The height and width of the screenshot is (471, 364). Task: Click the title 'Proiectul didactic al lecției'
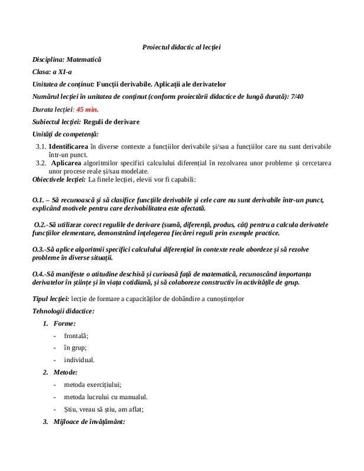181,47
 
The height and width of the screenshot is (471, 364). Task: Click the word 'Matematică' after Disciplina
84,59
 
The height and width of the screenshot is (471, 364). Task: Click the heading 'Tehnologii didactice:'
64,311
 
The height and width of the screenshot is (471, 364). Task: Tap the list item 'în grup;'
75,347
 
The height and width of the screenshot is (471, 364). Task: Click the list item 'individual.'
79,360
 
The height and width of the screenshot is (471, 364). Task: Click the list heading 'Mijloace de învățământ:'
89,422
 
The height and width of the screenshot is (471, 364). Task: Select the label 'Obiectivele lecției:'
59,179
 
